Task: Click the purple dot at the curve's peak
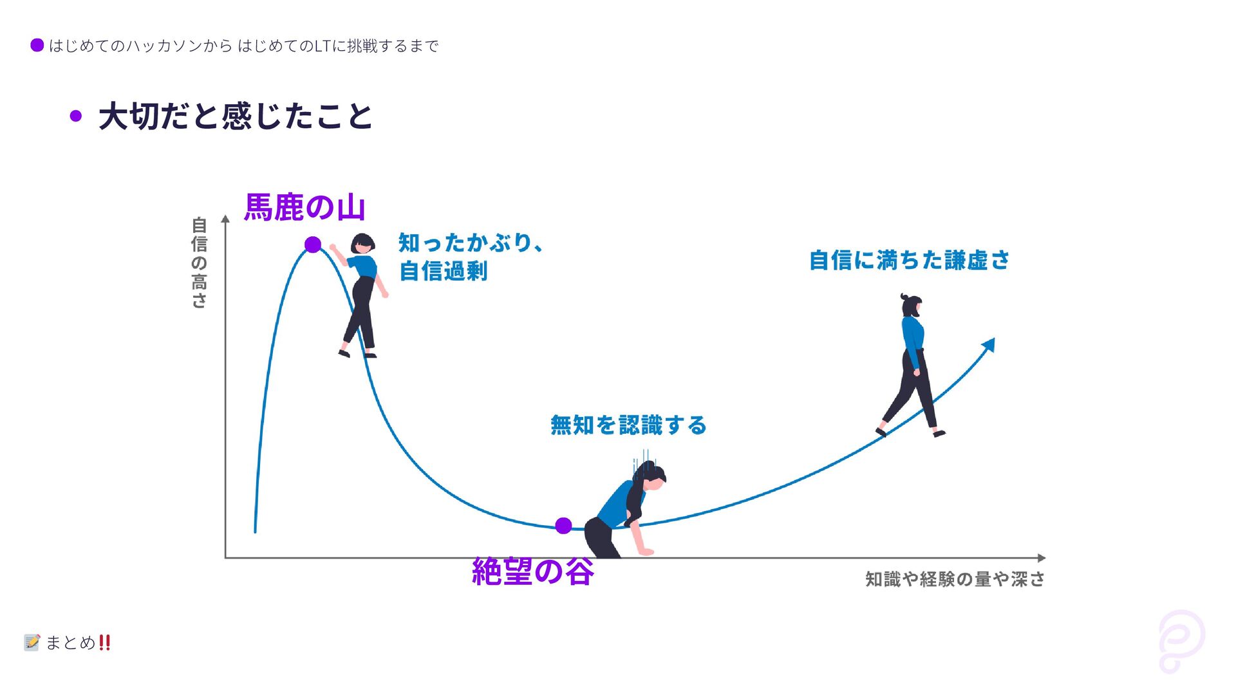(x=313, y=245)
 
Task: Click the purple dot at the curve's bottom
(x=563, y=526)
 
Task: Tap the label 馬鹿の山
(x=304, y=207)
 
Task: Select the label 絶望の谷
(x=532, y=571)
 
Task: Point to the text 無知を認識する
(x=628, y=425)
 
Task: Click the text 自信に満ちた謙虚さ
(x=909, y=261)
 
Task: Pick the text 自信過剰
(x=443, y=271)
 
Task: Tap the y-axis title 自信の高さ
(x=200, y=263)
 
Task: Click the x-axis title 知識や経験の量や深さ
(x=955, y=579)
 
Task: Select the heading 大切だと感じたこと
(x=236, y=116)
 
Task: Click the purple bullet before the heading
(x=76, y=116)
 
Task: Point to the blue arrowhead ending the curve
(x=989, y=344)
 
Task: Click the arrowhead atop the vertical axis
(x=225, y=219)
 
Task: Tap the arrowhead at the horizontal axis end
(x=1041, y=558)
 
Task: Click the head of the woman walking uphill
(x=912, y=305)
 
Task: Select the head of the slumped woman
(x=651, y=475)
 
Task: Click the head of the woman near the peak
(x=363, y=244)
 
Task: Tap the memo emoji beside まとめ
(x=32, y=642)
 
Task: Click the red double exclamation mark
(x=105, y=642)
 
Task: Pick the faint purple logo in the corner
(x=1181, y=641)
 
